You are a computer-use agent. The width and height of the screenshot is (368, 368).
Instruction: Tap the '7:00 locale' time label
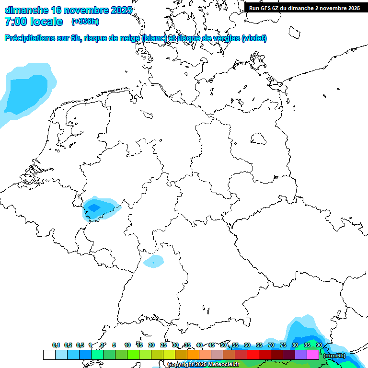34,22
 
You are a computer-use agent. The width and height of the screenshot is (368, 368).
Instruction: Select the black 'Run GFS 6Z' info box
304,8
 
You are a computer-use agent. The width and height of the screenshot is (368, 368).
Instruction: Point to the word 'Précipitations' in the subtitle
31,38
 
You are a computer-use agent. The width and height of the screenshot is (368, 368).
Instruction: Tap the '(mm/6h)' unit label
334,356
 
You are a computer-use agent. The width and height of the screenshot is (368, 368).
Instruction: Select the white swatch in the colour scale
49,355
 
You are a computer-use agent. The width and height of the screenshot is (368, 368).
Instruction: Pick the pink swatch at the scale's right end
313,355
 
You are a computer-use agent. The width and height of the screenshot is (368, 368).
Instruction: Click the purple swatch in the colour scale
301,355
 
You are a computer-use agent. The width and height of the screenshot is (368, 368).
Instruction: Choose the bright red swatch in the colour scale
253,355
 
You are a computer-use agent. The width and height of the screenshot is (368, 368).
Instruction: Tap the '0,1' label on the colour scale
56,345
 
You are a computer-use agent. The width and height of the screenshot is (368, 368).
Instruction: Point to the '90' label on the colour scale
319,345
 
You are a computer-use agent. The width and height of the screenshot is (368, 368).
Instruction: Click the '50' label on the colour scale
223,345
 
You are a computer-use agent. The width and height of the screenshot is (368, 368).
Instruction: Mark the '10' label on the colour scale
127,345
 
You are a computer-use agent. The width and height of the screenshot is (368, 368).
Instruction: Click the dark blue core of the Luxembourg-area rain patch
93,207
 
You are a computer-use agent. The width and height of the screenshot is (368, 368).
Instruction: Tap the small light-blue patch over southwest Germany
153,261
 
